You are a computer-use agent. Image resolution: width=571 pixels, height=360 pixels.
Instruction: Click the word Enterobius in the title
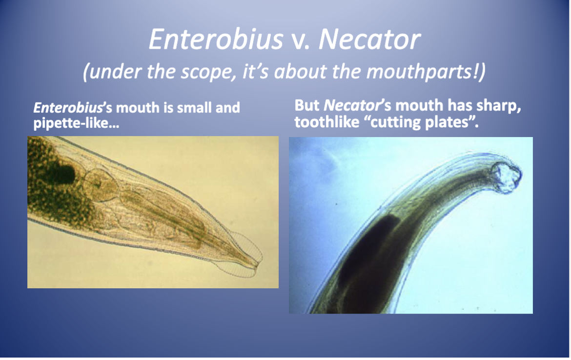(x=216, y=39)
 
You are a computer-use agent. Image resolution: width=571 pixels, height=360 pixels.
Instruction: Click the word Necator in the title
(x=369, y=40)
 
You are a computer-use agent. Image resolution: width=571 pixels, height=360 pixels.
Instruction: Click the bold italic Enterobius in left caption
(x=68, y=108)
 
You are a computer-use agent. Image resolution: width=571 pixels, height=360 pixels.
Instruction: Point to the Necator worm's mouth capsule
(x=506, y=178)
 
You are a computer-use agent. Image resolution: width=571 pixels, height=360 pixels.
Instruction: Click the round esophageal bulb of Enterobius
(x=101, y=185)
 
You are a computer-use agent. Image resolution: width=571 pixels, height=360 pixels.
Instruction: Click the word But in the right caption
(x=307, y=106)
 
